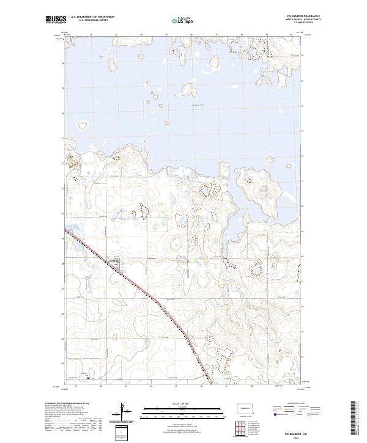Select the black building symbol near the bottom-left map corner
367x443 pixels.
point(89,378)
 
